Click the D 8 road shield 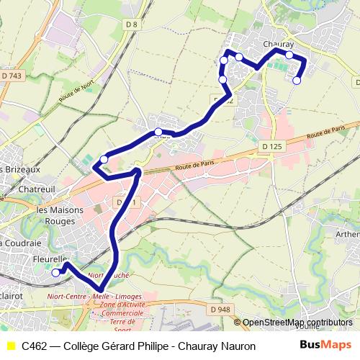131,26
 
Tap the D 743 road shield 12,75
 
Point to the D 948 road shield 222,310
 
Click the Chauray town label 278,45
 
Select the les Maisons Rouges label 60,215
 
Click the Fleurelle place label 50,259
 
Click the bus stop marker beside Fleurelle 55,272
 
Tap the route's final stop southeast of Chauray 297,81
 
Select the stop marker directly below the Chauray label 289,55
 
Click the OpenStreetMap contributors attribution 297,322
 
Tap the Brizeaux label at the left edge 20,169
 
